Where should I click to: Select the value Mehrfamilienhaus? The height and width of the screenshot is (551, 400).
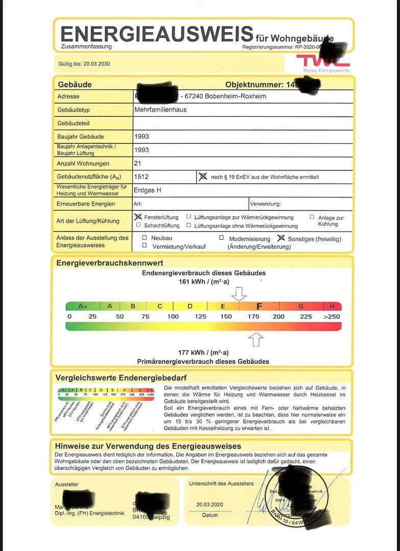click(x=160, y=110)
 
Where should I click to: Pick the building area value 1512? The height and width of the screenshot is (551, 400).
click(x=142, y=177)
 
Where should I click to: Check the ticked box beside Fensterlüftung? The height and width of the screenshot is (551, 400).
click(x=138, y=217)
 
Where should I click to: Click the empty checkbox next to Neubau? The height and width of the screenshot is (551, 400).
click(x=145, y=238)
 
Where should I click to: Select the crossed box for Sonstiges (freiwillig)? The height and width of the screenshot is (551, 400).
click(x=280, y=238)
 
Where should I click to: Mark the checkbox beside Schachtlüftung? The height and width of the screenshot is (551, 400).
click(x=138, y=225)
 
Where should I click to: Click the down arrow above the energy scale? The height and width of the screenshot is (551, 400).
click(x=239, y=294)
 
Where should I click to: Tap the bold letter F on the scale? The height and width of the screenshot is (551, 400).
click(x=259, y=306)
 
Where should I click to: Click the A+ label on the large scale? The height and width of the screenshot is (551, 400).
click(x=83, y=306)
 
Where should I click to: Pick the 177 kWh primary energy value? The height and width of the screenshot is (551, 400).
click(x=203, y=353)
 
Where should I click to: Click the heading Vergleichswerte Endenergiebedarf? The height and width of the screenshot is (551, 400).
click(x=121, y=378)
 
